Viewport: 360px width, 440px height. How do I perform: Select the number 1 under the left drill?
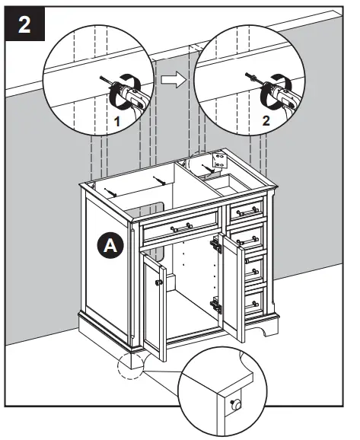tap(117, 121)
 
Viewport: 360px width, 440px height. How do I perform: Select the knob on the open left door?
tap(158, 282)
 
